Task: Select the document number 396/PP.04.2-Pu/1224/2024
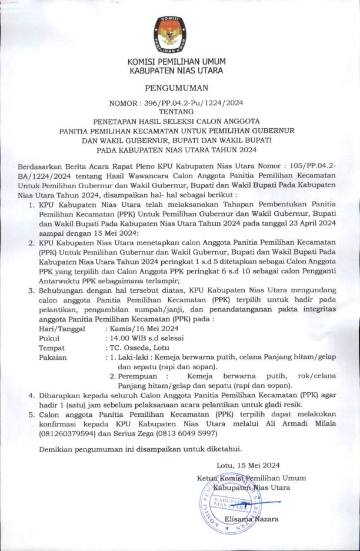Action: pos(193,102)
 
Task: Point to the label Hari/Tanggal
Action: pos(62,329)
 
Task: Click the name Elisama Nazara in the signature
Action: pos(252,519)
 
